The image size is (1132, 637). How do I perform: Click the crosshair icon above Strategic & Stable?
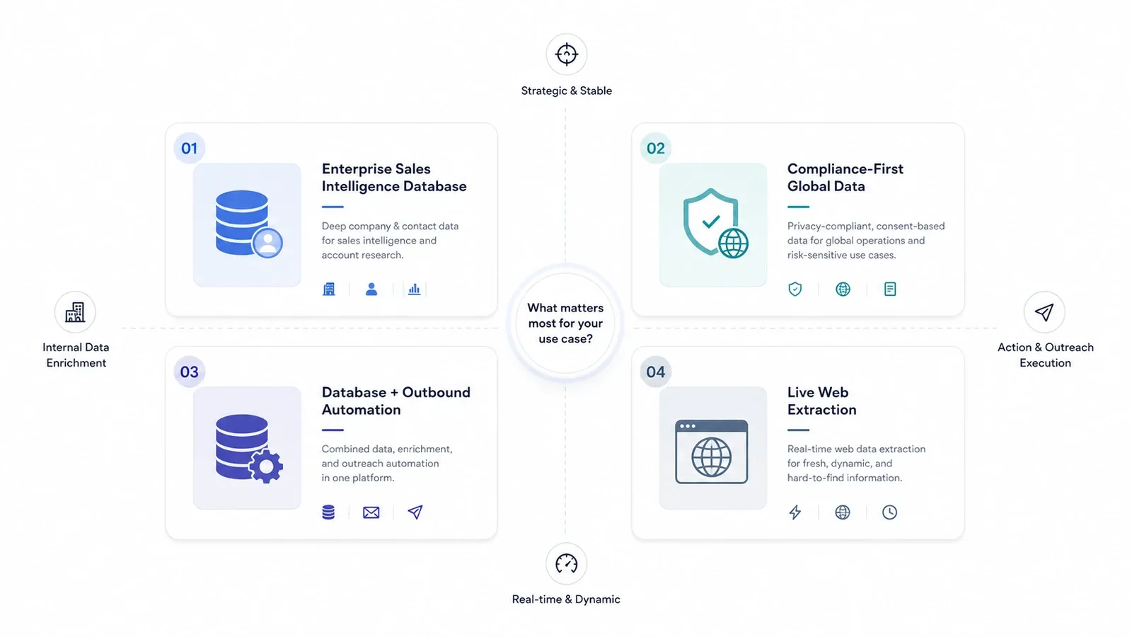pos(566,54)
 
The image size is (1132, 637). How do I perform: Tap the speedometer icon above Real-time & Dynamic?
pos(566,563)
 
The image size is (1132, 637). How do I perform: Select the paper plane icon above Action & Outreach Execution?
pos(1044,312)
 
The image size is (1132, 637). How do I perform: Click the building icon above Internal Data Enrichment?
pos(75,312)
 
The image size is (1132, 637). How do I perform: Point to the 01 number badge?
pos(189,148)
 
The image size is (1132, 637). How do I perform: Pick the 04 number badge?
pos(655,372)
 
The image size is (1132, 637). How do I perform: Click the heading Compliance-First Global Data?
pos(845,178)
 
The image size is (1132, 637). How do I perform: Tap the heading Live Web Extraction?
pos(821,401)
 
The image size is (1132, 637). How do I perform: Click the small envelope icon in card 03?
pos(371,512)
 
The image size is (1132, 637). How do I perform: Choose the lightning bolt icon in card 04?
pos(795,512)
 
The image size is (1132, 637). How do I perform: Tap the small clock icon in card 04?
pos(889,512)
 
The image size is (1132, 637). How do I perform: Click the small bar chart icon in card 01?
pos(414,289)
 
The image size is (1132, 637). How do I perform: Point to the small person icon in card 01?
pos(371,289)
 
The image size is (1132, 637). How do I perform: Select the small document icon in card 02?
pos(890,289)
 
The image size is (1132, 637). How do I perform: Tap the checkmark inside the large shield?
pos(711,221)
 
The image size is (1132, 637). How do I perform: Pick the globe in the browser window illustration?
pos(711,457)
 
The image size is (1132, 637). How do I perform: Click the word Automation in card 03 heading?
pos(361,410)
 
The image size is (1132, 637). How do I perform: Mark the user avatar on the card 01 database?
pos(267,243)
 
